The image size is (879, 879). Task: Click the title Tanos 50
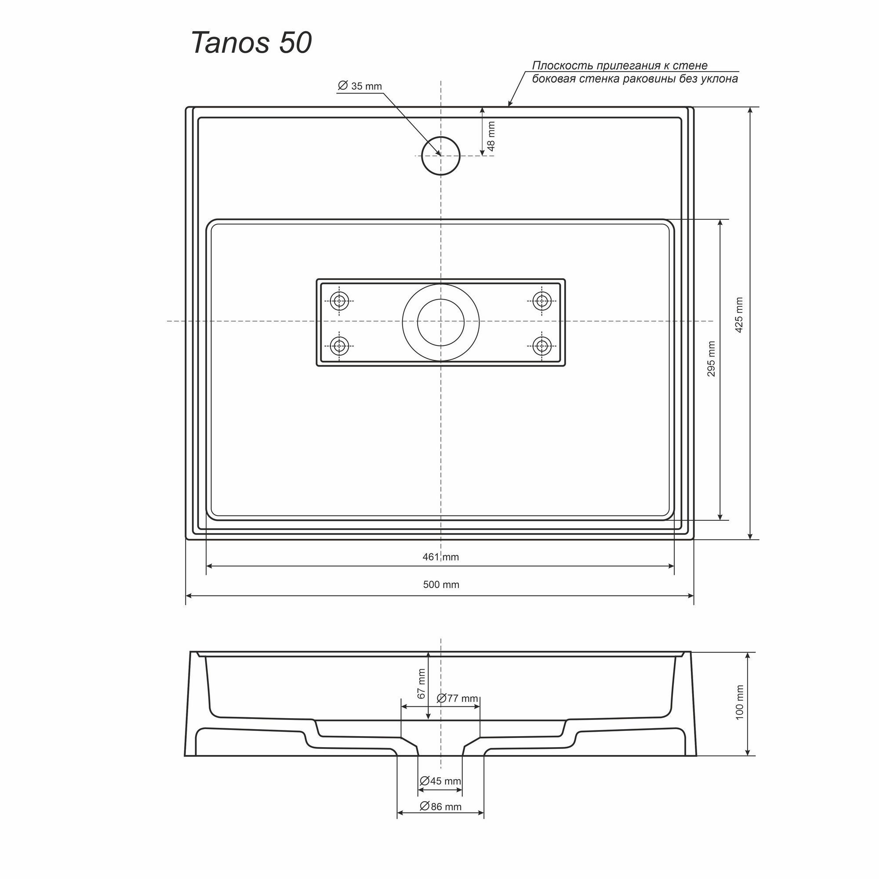pos(251,43)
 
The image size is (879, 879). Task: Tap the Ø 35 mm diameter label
pos(360,86)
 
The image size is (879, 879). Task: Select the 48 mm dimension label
pos(490,136)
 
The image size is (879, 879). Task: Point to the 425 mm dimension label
pos(739,315)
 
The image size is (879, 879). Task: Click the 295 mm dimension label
pos(711,359)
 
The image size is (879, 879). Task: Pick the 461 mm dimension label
pos(440,556)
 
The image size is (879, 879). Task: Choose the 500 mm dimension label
pos(441,585)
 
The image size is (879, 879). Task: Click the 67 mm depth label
pos(421,683)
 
